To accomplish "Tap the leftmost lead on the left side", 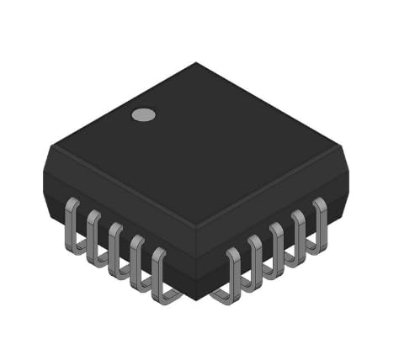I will click(x=72, y=223).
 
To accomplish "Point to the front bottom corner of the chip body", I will click(x=196, y=299).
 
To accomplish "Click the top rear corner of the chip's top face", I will click(x=196, y=64).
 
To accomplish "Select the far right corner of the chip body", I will click(x=348, y=177).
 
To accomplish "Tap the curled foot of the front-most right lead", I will click(x=222, y=294).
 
